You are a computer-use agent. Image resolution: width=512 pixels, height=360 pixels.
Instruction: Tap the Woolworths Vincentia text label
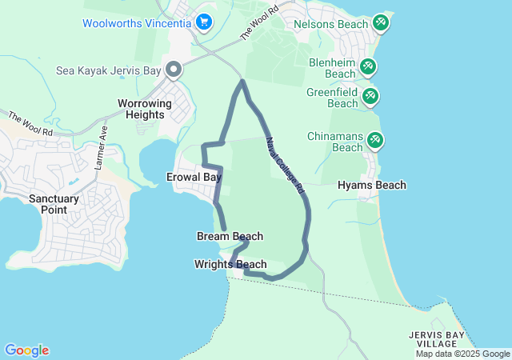point(137,23)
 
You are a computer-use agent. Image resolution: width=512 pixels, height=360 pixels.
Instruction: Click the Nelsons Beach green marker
point(381,23)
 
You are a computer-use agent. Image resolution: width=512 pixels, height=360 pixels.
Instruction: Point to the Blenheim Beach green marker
point(368,67)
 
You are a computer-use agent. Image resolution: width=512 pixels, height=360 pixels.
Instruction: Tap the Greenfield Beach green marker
point(370,98)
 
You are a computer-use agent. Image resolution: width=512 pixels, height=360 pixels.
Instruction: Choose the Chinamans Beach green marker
point(374,141)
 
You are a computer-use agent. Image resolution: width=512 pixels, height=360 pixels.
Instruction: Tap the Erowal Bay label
point(194,176)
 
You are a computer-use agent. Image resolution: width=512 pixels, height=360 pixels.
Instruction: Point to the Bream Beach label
point(230,237)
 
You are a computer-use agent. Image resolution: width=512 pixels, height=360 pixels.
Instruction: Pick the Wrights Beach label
point(230,265)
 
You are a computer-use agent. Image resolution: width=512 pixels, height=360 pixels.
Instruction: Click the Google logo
point(26,350)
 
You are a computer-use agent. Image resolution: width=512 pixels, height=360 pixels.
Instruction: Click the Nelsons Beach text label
point(331,25)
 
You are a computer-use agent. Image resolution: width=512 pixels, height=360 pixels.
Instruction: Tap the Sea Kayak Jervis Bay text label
point(107,70)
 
